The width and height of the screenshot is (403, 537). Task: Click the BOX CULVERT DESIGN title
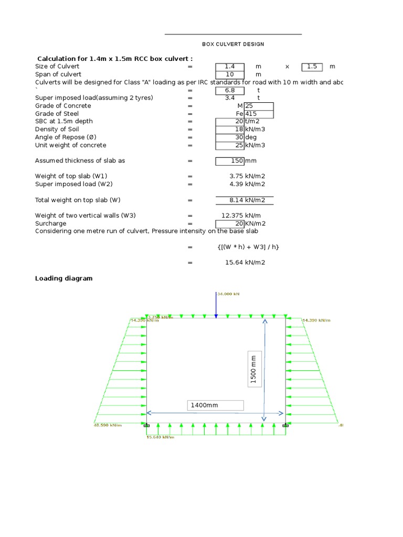pyautogui.click(x=233, y=44)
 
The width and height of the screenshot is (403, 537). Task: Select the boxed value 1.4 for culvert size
pyautogui.click(x=229, y=67)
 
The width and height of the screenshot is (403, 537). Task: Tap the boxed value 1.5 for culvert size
pyautogui.click(x=312, y=67)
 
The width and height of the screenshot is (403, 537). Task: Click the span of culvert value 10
pyautogui.click(x=229, y=74)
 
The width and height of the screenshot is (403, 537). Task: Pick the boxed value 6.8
pyautogui.click(x=229, y=90)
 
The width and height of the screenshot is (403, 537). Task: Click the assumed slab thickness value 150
pyautogui.click(x=230, y=161)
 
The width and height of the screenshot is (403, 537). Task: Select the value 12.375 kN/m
pyautogui.click(x=241, y=216)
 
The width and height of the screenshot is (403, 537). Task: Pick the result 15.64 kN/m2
pyautogui.click(x=245, y=262)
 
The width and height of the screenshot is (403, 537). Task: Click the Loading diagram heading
pyautogui.click(x=63, y=278)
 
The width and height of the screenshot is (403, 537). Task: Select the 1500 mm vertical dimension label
pyautogui.click(x=254, y=369)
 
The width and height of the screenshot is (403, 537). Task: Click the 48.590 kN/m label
pyautogui.click(x=108, y=425)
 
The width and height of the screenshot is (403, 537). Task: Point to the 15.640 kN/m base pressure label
pyautogui.click(x=160, y=436)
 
